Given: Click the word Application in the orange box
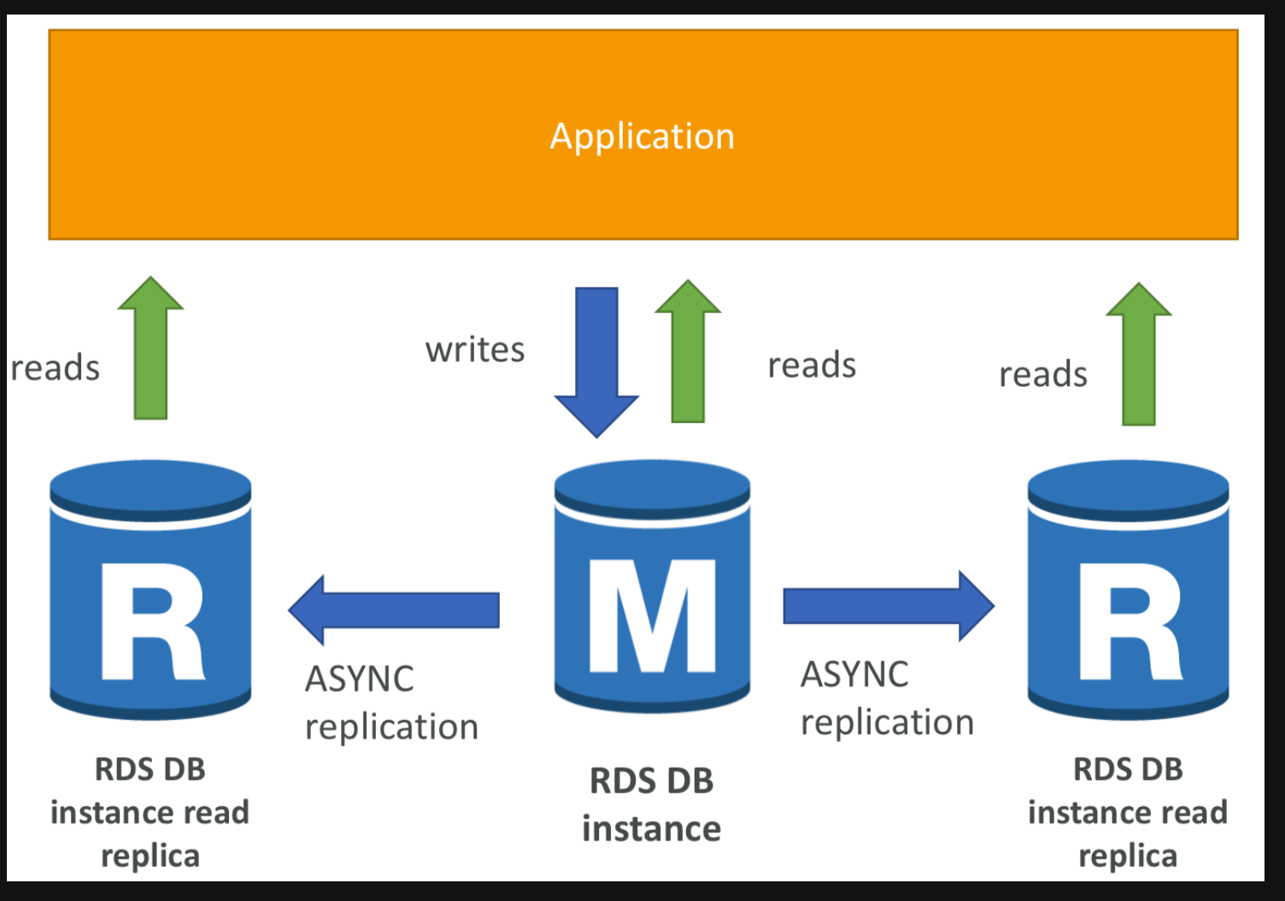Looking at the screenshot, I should click(642, 137).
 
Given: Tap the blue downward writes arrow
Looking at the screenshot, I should click(596, 359).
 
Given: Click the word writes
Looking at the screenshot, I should click(475, 350).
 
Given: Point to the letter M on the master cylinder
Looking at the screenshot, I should click(653, 615).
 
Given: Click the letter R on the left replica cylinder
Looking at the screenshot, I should click(152, 621).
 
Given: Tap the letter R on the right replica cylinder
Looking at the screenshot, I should click(1130, 621).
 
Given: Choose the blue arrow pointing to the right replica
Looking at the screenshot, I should click(888, 606).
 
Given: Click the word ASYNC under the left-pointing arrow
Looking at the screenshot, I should click(360, 680).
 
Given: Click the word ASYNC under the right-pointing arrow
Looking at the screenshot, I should click(854, 674).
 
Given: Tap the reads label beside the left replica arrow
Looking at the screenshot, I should click(56, 368).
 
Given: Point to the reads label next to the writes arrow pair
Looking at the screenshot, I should click(812, 366).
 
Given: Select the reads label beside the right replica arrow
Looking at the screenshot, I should click(1043, 374).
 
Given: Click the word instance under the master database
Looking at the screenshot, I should click(651, 829).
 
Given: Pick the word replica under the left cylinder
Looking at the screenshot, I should click(150, 856).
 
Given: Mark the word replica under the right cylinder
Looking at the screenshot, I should click(1128, 856).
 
